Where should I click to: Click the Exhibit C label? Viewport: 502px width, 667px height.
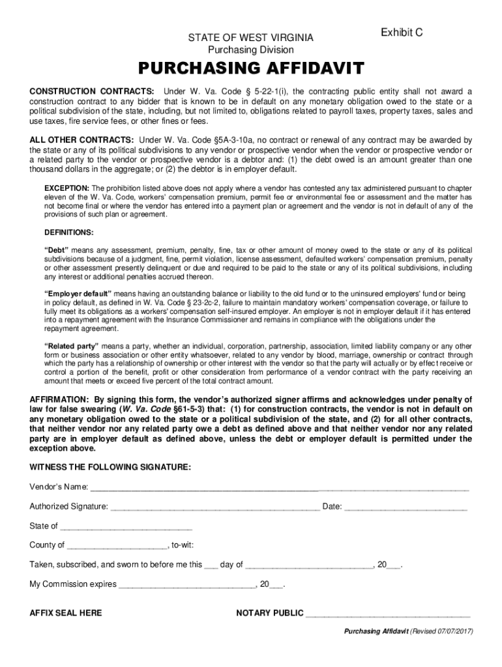(402, 32)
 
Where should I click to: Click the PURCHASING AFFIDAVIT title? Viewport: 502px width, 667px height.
(250, 68)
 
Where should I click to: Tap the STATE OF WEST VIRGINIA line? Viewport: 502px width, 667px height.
(251, 38)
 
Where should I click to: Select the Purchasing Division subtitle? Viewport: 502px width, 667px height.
(251, 50)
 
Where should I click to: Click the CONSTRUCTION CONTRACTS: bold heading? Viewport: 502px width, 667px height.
(92, 91)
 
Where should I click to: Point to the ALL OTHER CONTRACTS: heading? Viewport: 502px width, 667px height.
(82, 140)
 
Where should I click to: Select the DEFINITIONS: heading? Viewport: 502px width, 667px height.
(68, 232)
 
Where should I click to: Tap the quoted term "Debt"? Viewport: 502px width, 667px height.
(57, 250)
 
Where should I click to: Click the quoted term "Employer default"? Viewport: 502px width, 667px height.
(78, 294)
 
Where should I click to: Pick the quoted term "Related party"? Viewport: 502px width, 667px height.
(71, 345)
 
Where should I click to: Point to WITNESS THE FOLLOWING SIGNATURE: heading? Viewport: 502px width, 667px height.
(110, 467)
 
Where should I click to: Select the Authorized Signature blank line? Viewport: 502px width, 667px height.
(215, 507)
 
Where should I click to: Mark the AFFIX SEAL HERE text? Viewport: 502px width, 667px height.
(66, 613)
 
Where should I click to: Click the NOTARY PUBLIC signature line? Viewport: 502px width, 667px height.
(388, 614)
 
